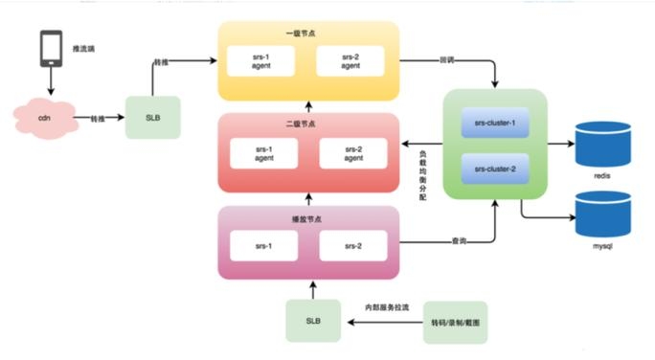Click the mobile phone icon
[51, 49]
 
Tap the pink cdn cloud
[47, 119]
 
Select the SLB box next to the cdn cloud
[152, 117]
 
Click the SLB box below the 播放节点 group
[312, 320]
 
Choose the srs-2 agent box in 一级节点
[350, 60]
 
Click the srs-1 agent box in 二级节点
[264, 153]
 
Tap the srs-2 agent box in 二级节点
[353, 153]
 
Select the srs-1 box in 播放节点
[264, 246]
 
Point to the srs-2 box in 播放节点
[353, 246]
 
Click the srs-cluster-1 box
[494, 124]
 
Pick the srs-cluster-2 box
[494, 169]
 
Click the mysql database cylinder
[602, 214]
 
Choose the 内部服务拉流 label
[385, 307]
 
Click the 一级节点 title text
[308, 33]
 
